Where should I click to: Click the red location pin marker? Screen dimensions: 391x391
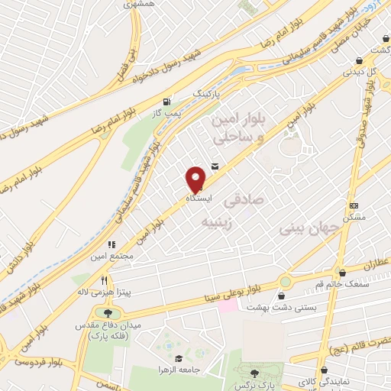(197, 178)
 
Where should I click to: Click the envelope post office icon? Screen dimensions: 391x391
(214, 167)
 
